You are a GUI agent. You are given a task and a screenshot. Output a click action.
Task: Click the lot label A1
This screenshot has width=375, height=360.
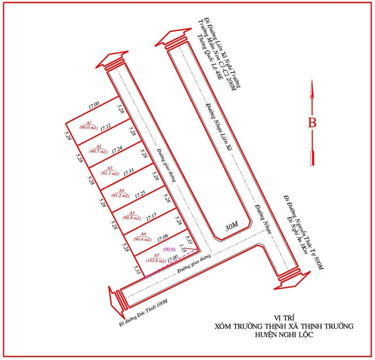point(89,122)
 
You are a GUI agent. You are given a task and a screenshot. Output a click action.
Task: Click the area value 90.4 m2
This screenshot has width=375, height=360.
point(142,239)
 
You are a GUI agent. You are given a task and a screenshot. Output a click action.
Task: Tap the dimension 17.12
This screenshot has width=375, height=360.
point(105,127)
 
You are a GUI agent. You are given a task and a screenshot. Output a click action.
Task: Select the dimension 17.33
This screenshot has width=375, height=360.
point(127,171)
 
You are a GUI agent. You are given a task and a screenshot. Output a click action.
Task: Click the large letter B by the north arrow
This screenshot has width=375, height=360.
point(312,122)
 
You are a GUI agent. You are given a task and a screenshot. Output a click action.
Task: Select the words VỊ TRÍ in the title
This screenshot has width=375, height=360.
point(283,317)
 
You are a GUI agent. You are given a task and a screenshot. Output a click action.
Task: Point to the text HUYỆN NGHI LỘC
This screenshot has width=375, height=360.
point(283,335)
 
